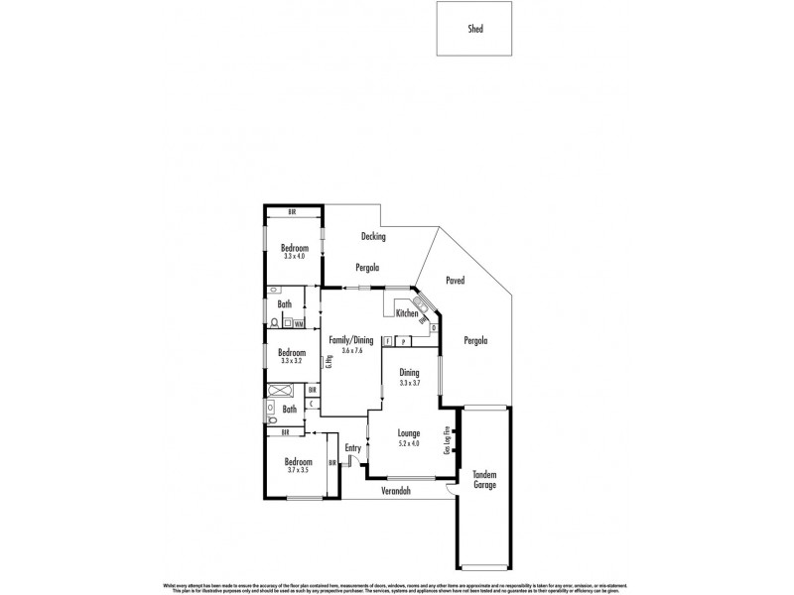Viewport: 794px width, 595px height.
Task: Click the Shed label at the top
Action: (x=476, y=30)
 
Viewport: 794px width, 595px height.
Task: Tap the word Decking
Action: (x=373, y=236)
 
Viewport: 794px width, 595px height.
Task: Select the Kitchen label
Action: (x=407, y=314)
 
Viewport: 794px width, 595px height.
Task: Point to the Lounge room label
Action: (x=409, y=433)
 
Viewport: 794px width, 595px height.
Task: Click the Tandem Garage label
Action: (x=484, y=478)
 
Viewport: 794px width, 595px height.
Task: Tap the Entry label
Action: (x=353, y=448)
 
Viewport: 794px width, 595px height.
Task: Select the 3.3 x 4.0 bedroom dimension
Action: (x=295, y=257)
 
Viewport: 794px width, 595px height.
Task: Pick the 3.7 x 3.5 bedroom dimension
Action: (x=299, y=471)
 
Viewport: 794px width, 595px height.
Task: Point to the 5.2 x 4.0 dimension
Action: (x=409, y=443)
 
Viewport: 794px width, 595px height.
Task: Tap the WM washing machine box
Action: (x=299, y=323)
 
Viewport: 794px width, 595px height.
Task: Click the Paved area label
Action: (x=456, y=281)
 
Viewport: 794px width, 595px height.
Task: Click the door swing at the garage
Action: (x=450, y=490)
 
